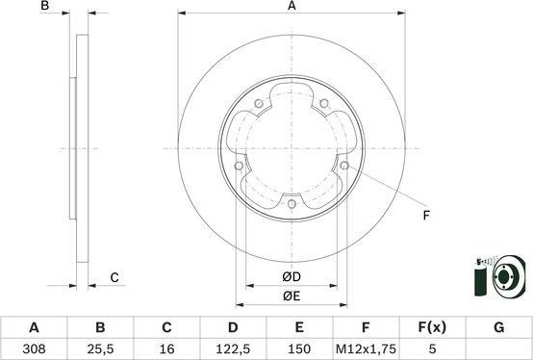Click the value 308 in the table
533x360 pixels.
coord(34,348)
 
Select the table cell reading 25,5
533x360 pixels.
coord(100,348)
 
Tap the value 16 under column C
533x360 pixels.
coord(166,348)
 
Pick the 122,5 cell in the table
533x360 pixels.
coord(233,348)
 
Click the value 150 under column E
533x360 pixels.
coord(299,348)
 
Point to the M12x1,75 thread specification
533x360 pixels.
coord(366,348)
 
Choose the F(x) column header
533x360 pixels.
coord(432,327)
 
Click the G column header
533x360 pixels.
coord(498,327)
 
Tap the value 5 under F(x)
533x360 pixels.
coord(432,348)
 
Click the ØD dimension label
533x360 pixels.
coord(292,277)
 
